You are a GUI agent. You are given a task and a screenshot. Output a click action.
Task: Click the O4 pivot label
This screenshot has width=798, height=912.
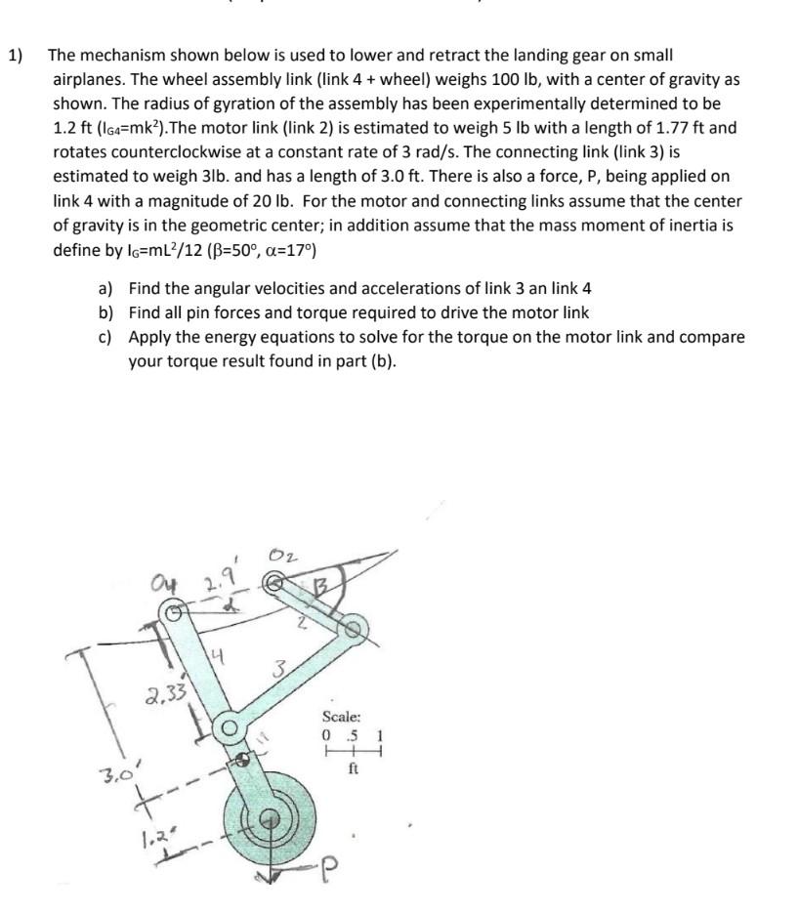pyautogui.click(x=169, y=588)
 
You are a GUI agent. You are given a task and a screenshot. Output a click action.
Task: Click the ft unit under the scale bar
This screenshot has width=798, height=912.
pyautogui.click(x=354, y=767)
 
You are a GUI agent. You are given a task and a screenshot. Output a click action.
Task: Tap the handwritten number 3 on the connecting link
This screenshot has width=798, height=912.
pyautogui.click(x=279, y=671)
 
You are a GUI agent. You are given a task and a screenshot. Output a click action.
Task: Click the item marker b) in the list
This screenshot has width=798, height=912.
pyautogui.click(x=105, y=312)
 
